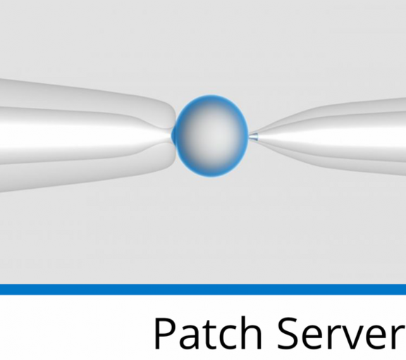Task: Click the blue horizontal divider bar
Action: [203, 289]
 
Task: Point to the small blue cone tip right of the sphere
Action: [254, 137]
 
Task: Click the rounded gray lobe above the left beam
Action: [85, 99]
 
